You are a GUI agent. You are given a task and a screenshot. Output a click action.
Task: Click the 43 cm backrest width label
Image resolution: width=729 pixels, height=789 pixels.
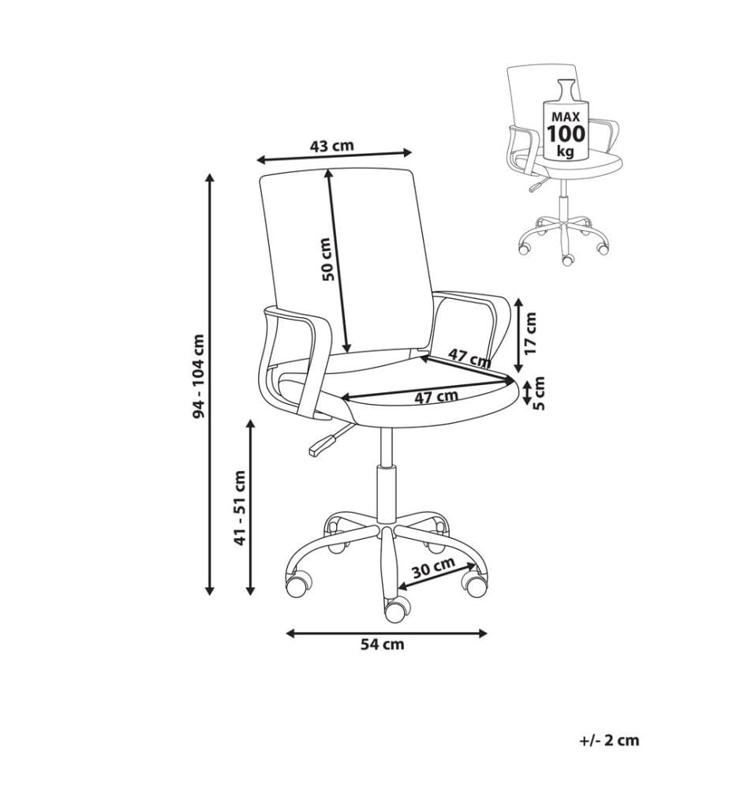(x=332, y=146)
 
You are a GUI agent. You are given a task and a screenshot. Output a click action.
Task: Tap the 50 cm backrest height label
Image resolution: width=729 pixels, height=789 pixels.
(x=327, y=259)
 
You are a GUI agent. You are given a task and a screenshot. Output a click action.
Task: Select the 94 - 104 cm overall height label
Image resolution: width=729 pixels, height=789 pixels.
(x=200, y=376)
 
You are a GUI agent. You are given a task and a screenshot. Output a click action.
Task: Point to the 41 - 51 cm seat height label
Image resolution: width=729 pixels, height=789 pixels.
(x=241, y=507)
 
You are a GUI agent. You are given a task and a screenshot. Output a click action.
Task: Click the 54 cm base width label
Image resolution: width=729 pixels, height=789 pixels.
(x=383, y=644)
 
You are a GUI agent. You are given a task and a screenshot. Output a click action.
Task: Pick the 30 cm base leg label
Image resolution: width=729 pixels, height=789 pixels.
(x=434, y=567)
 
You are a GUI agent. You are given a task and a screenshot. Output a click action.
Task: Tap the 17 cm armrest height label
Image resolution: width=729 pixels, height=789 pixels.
(x=531, y=333)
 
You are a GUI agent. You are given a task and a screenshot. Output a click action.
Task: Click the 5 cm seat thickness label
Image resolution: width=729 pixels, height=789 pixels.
(x=539, y=394)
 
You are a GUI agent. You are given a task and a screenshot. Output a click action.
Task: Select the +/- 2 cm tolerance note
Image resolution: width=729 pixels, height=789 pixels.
(x=609, y=740)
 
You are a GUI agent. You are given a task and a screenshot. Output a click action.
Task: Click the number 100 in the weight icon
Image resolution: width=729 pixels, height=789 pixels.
(x=566, y=134)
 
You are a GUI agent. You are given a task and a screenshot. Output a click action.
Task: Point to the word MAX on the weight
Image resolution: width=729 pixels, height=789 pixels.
(x=566, y=116)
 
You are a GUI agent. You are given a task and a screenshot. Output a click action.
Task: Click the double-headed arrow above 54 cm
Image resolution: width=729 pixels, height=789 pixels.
(x=387, y=633)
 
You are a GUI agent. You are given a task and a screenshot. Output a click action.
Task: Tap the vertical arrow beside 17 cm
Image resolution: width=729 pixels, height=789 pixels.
(x=519, y=334)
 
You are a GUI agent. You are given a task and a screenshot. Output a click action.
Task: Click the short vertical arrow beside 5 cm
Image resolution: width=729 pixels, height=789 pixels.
(x=526, y=393)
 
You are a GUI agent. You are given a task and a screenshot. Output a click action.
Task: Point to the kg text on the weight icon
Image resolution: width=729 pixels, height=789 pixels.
(x=566, y=151)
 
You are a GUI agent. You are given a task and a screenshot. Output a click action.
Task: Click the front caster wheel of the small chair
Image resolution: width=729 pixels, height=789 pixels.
(x=567, y=260)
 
